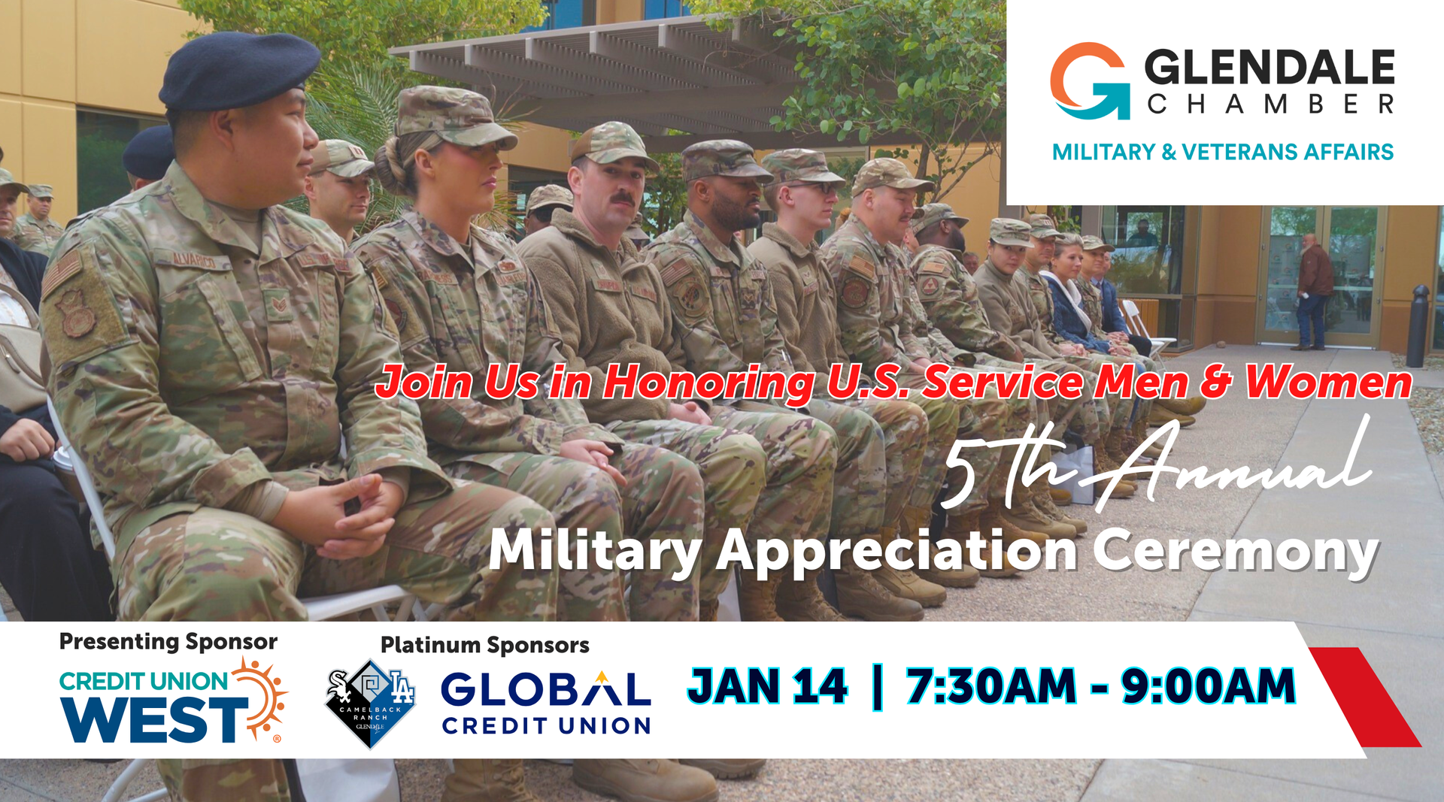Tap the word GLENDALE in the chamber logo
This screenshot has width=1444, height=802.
(1270, 67)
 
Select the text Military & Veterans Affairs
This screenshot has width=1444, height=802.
(1223, 152)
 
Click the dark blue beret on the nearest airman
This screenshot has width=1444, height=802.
(238, 71)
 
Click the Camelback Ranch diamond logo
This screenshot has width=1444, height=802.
(370, 704)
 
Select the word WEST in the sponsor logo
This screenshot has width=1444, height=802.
(153, 719)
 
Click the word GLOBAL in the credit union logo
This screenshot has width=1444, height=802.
(546, 689)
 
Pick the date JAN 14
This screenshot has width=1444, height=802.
(768, 686)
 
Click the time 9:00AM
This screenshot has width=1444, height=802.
(1208, 686)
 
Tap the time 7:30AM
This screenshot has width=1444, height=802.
(991, 686)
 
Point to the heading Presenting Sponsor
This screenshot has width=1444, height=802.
(168, 641)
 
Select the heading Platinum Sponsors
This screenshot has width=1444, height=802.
(485, 645)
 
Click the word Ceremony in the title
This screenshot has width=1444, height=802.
(1235, 552)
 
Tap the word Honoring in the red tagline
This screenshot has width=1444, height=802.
(708, 383)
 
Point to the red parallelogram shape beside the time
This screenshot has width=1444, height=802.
(1365, 697)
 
